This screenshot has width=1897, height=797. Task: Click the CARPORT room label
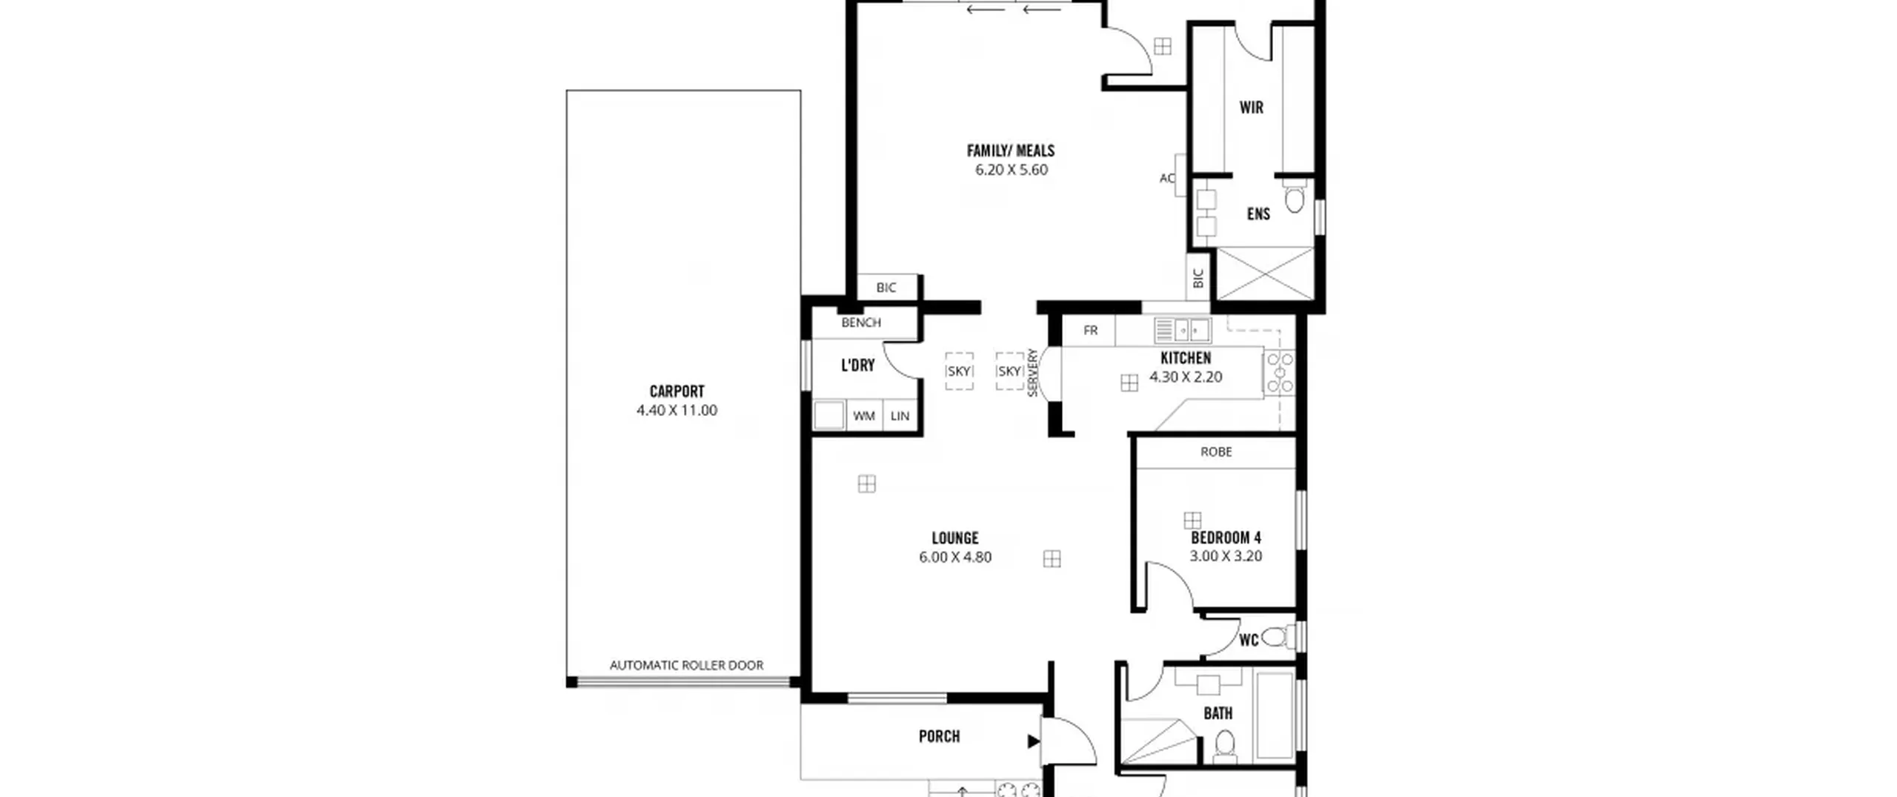[x=677, y=391]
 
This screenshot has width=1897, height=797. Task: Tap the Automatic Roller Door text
[x=686, y=665]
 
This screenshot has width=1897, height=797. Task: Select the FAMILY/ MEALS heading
[x=1011, y=151]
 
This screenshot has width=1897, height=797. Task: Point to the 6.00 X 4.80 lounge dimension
[x=955, y=557]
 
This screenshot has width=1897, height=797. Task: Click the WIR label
[x=1252, y=108]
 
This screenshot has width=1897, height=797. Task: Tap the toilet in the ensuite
[x=1294, y=199]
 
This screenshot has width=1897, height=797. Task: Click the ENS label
[x=1258, y=214]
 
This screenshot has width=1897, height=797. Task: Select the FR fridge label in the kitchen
[x=1090, y=330]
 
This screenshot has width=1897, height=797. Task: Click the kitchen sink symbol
[x=1183, y=330]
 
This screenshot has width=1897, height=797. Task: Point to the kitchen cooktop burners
[x=1280, y=372]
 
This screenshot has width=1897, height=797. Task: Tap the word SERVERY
[x=1032, y=372]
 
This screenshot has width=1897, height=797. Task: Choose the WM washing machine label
[x=864, y=416]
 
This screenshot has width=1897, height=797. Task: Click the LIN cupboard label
[x=900, y=416]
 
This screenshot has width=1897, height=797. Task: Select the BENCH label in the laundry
[x=861, y=323]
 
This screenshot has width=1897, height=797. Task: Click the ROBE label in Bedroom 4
[x=1216, y=452]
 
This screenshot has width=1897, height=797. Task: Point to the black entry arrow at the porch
[x=1033, y=741]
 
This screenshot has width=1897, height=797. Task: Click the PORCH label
[x=939, y=736]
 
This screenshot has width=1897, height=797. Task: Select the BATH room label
[x=1218, y=713]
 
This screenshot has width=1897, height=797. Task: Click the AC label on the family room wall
[x=1167, y=178]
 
